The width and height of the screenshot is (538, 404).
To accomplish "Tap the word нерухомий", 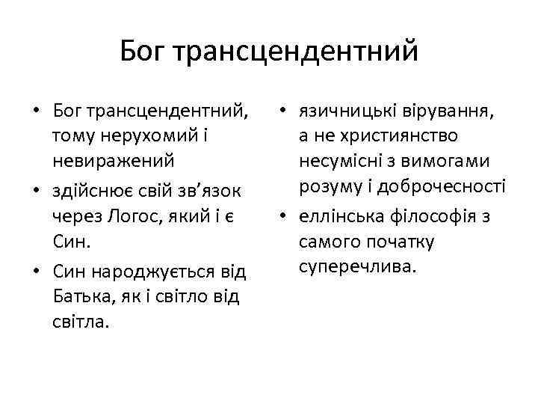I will (x=145, y=136).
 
